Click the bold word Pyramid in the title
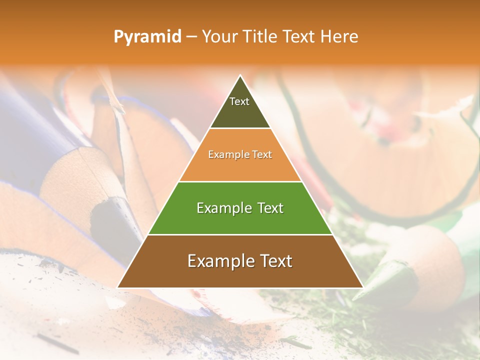click(147, 37)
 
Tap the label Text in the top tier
click(239, 101)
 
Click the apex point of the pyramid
click(240, 75)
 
